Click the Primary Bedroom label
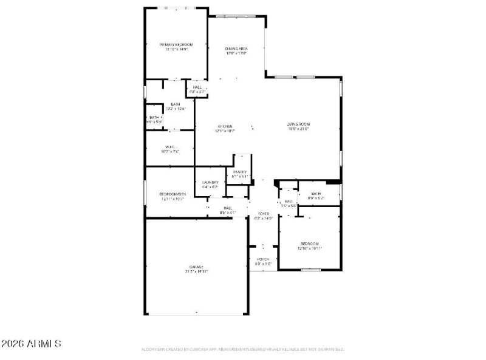coord(176,44)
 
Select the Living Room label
coord(298,124)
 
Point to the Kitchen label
coord(225,126)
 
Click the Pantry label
coord(240,172)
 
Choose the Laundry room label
coord(210,182)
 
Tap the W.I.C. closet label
coord(170,146)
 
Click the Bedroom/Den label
coord(173,194)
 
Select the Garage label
coord(196,267)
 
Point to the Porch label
coord(262,259)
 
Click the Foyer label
coord(263,214)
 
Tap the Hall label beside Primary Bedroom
coord(197,87)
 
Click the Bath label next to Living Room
coord(316,194)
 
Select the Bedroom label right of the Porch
coord(309,243)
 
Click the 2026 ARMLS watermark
coord(31,344)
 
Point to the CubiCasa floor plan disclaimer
coord(242,350)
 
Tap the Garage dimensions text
coord(196,272)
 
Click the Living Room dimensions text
coord(298,129)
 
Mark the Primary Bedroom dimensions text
coord(176,49)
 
